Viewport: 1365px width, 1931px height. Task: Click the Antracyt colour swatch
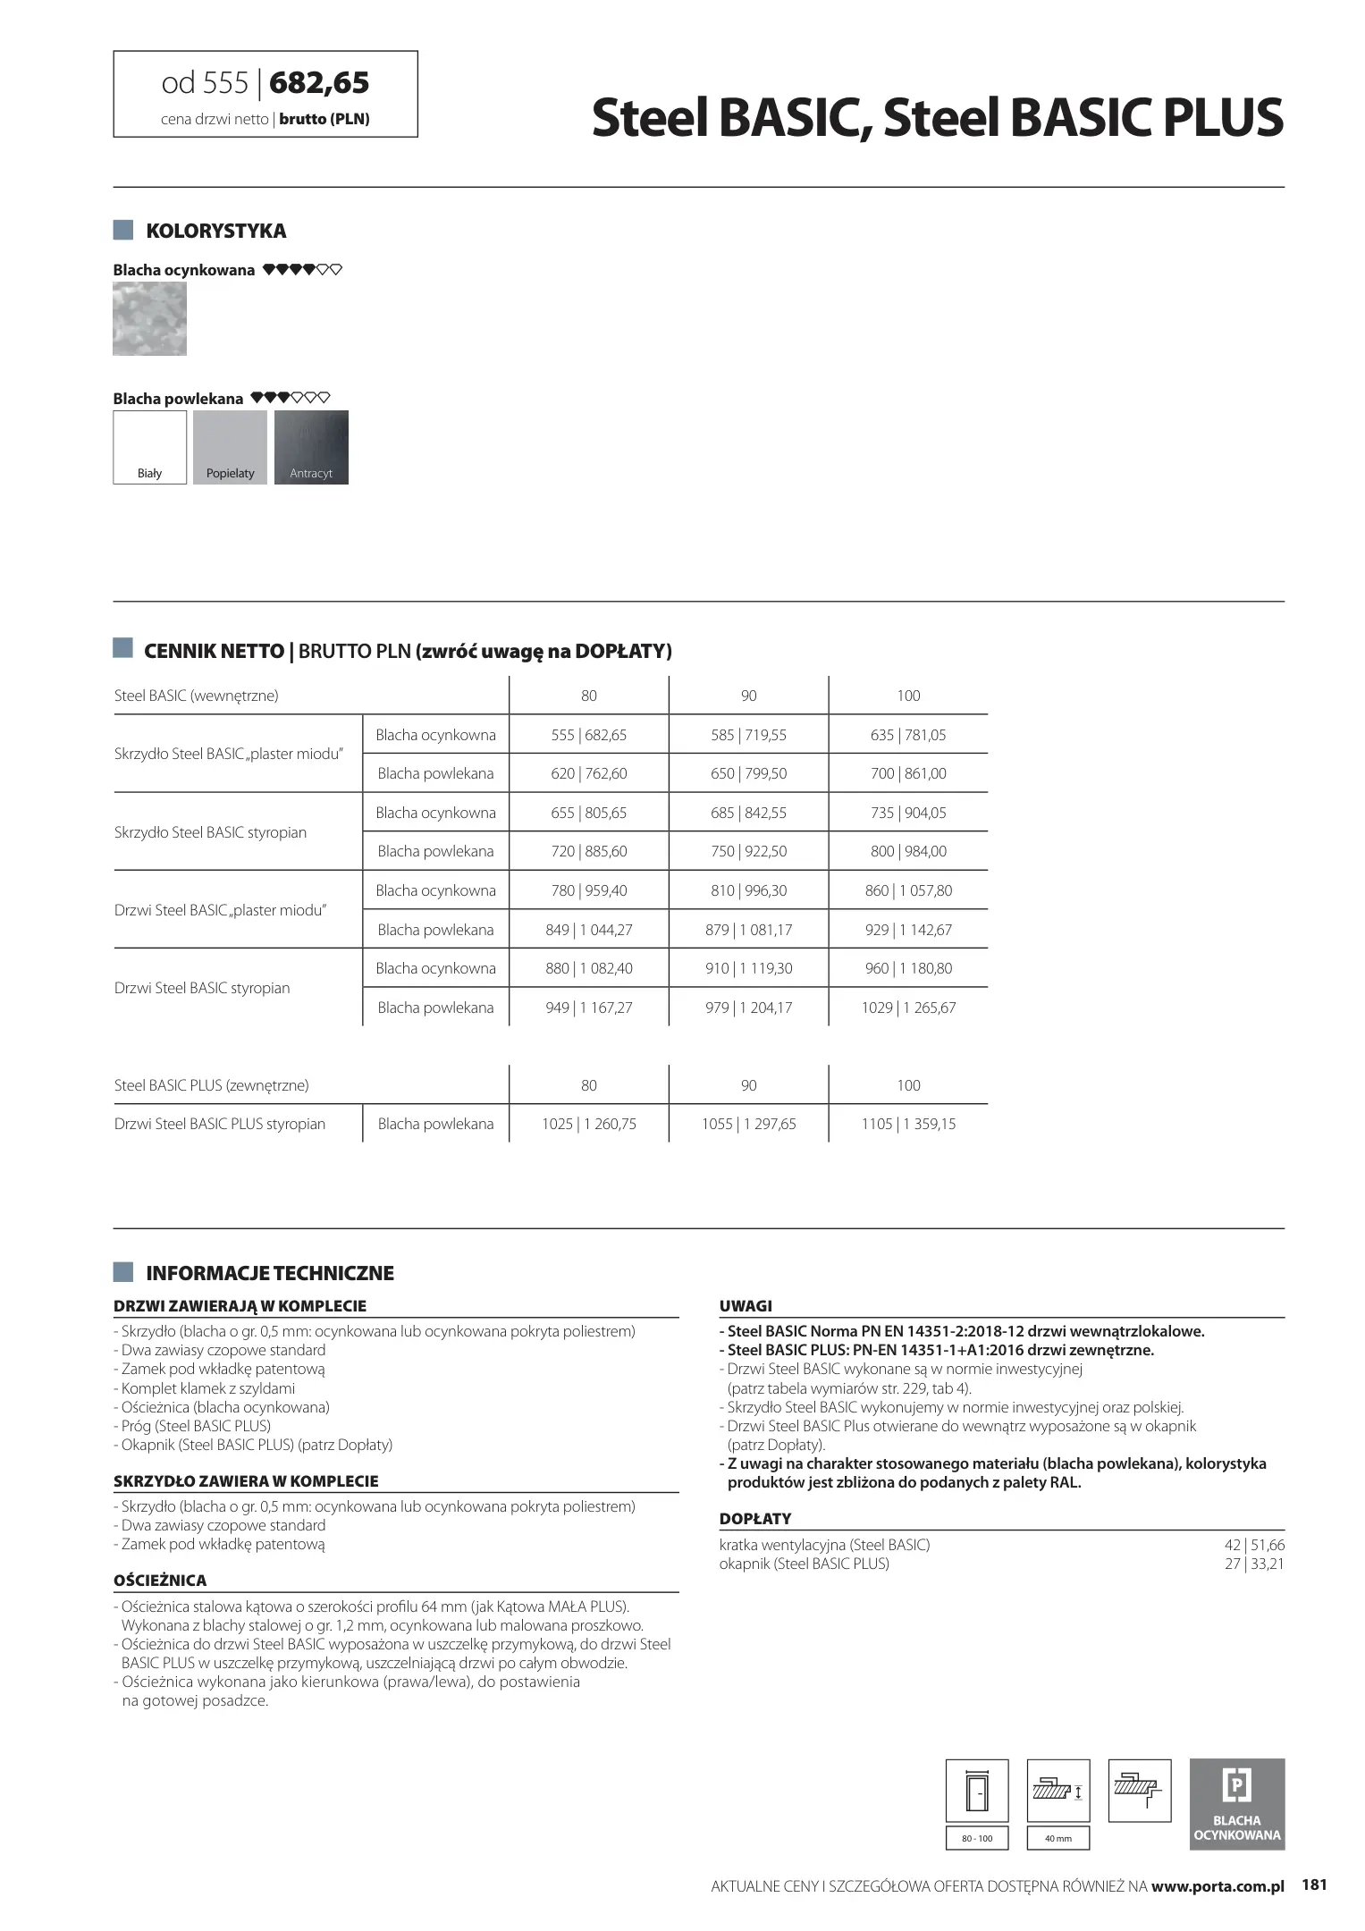click(x=311, y=447)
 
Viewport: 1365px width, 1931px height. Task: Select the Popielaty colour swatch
click(x=230, y=447)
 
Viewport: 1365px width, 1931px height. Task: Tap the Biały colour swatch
click(x=149, y=447)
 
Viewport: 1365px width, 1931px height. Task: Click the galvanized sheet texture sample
click(x=149, y=319)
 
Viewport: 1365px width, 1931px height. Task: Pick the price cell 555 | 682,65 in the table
click(x=588, y=735)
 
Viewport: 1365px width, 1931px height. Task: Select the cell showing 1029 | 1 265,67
click(x=908, y=1008)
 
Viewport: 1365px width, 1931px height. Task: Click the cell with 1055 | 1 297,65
click(x=748, y=1124)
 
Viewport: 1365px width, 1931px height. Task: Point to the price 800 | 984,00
click(x=908, y=851)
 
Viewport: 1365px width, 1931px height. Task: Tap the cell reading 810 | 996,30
click(x=748, y=890)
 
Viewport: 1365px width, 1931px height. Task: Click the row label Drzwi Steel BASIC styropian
click(x=202, y=988)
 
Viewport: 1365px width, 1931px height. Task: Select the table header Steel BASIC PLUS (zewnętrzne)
click(x=212, y=1085)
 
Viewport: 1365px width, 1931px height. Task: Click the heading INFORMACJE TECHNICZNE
click(x=269, y=1273)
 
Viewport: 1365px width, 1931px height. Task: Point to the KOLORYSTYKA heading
click(x=215, y=231)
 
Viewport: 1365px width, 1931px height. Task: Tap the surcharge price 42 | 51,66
click(x=1254, y=1545)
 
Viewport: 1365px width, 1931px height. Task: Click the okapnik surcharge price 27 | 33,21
click(x=1254, y=1564)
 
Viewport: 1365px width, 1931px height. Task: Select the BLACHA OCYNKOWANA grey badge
click(x=1236, y=1803)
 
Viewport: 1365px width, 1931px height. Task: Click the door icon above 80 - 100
click(x=977, y=1791)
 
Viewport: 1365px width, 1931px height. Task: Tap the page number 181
click(x=1314, y=1885)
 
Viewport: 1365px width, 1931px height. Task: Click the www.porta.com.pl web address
click(x=1218, y=1886)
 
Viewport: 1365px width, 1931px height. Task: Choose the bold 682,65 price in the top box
click(x=319, y=83)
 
